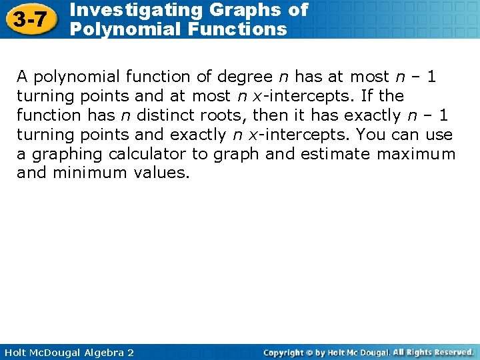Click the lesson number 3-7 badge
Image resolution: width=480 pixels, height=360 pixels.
[29, 19]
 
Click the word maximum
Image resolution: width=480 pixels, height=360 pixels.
[416, 154]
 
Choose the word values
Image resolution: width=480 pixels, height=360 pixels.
[163, 173]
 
